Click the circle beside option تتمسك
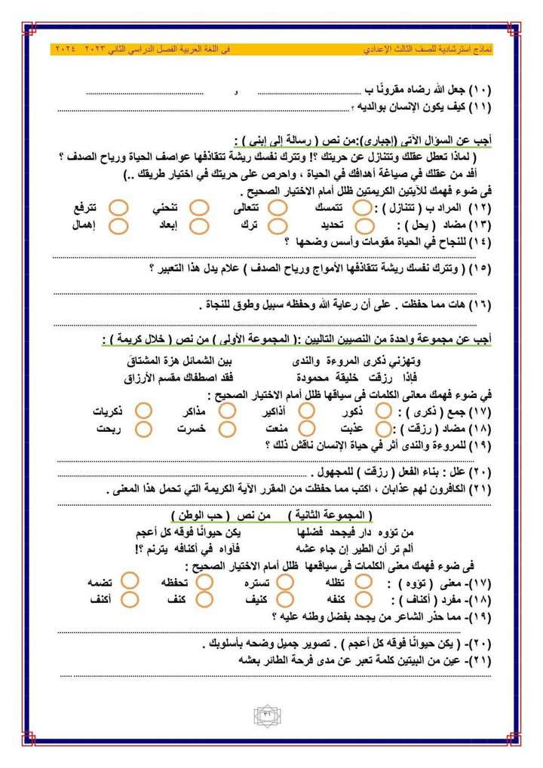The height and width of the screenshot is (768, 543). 363,207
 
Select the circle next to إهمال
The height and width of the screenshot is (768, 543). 117,225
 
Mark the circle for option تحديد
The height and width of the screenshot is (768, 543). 363,225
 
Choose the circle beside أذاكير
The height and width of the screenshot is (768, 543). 306,411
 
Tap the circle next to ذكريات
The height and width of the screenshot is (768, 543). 143,411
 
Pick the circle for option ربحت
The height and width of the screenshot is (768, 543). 143,428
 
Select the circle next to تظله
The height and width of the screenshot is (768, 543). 364,581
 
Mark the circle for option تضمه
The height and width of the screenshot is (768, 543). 130,581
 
